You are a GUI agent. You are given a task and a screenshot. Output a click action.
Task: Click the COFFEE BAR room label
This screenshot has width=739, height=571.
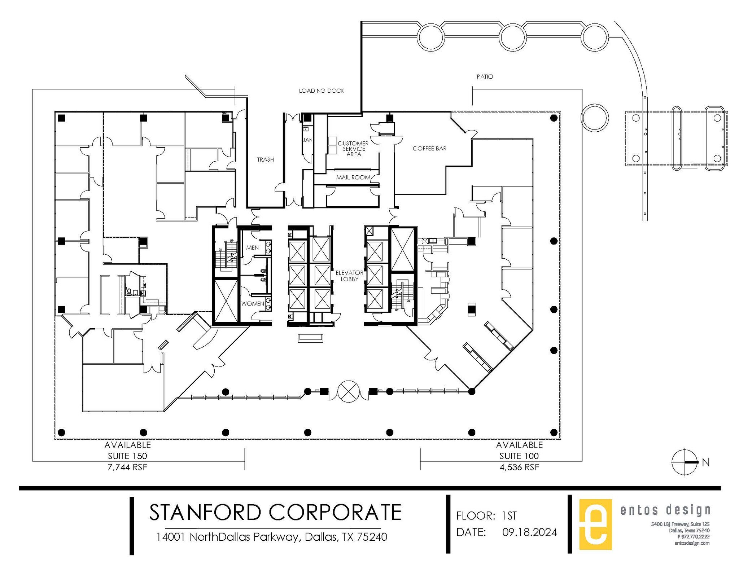tap(429, 149)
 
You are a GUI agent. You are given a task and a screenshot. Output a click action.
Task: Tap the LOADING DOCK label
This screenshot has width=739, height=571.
tap(321, 91)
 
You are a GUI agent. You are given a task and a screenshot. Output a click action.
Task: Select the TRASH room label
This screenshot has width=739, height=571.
tap(265, 159)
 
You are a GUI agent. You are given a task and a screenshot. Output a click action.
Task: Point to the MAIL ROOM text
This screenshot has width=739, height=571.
tap(353, 177)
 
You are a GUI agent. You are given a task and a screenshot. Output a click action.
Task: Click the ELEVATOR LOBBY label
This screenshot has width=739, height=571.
tap(349, 276)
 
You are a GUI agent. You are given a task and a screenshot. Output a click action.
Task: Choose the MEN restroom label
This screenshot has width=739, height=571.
tap(252, 248)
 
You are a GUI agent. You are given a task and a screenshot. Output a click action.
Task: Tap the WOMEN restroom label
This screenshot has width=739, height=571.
tap(253, 304)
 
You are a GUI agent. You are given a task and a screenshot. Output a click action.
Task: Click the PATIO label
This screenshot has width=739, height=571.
tap(485, 76)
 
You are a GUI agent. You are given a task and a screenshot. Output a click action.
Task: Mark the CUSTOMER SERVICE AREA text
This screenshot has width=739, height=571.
tap(353, 149)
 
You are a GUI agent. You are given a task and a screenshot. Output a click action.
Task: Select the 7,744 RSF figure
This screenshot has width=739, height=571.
tap(127, 467)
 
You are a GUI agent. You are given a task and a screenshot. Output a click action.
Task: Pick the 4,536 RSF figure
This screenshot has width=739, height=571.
tap(519, 467)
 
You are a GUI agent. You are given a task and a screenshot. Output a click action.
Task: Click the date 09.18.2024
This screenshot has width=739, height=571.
tap(530, 532)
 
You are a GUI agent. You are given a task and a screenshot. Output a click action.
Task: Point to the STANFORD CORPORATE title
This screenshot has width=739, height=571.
tap(275, 512)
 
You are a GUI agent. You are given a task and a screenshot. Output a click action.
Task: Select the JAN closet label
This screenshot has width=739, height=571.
tap(307, 140)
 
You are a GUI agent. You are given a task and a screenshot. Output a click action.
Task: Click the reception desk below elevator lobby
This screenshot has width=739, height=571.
tap(310, 338)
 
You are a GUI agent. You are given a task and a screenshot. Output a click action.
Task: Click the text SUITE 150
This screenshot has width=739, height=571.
tap(127, 456)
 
